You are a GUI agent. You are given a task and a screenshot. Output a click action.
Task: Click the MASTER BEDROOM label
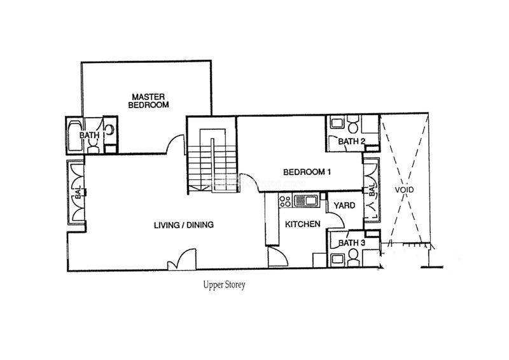148,101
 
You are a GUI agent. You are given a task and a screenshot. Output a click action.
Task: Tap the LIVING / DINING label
184,225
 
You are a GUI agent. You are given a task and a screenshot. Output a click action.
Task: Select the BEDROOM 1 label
307,172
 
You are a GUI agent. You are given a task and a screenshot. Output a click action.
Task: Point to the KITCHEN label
303,224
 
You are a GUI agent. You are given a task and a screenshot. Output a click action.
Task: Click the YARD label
344,205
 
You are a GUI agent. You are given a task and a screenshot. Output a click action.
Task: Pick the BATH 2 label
352,142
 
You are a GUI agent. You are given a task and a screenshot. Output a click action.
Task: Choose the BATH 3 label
352,243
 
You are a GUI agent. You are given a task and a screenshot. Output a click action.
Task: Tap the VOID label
405,190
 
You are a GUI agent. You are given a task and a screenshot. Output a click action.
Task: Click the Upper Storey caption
225,285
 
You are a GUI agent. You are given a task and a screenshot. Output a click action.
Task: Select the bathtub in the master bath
75,135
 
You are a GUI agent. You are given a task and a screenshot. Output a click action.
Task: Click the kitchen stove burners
285,200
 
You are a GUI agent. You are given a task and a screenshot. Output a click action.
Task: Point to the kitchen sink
306,200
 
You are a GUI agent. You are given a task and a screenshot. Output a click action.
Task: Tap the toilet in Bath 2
352,124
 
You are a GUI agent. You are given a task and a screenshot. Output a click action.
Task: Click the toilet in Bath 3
353,258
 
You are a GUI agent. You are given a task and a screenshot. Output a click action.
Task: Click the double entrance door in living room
182,259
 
